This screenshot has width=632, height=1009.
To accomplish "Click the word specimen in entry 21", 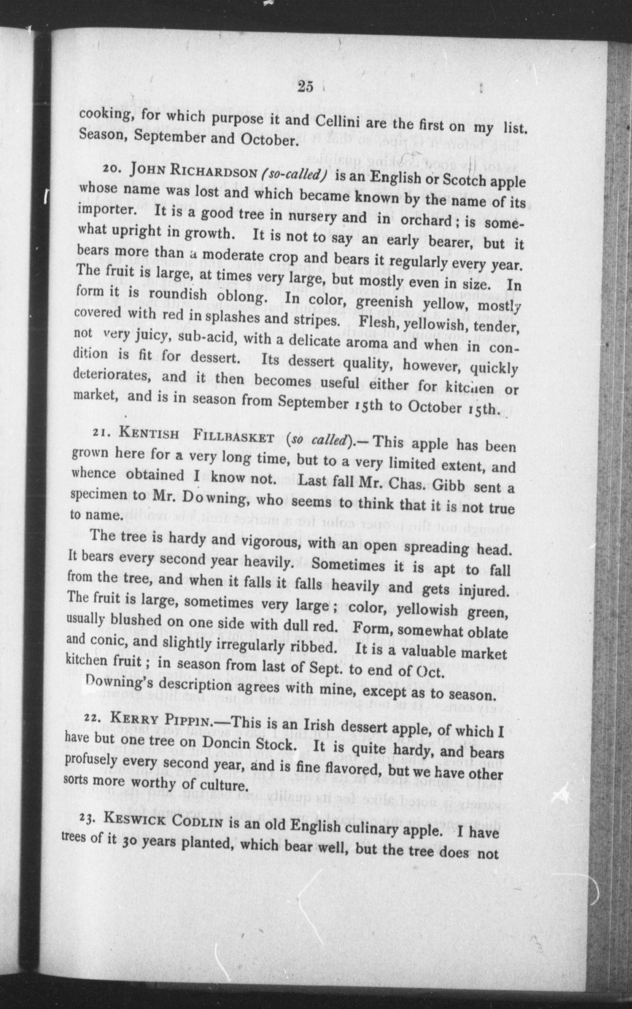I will pos(97,494).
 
